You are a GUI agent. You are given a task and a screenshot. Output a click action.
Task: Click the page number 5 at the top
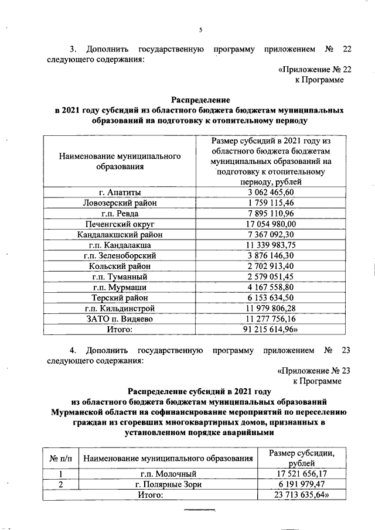pos(200,30)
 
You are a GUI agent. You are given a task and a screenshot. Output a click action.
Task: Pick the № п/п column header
pos(61,458)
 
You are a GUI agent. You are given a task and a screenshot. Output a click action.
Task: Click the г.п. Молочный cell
pos(167,474)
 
